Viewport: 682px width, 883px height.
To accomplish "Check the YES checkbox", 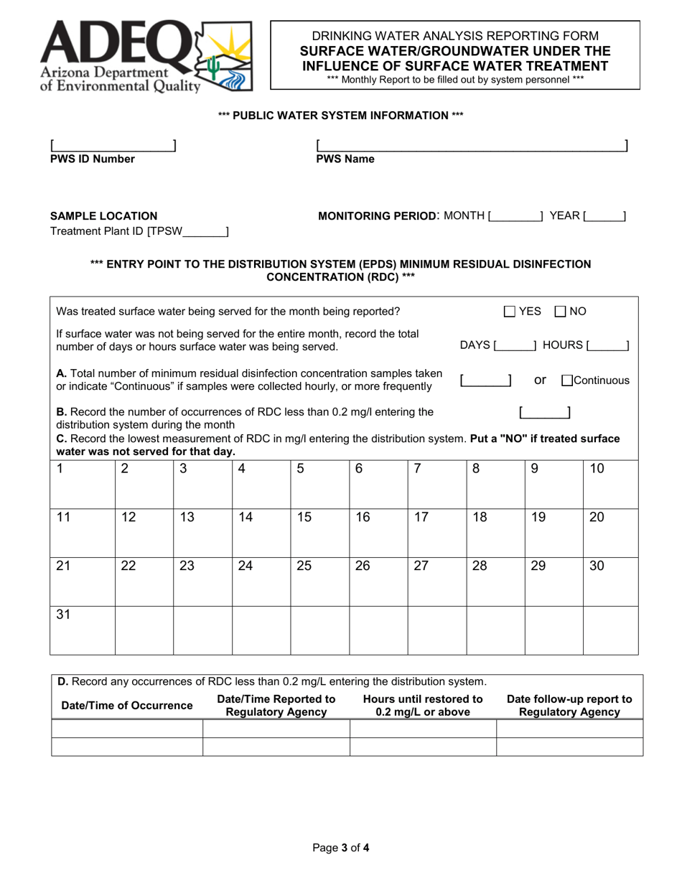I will click(510, 312).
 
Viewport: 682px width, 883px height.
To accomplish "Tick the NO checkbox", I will click(561, 312).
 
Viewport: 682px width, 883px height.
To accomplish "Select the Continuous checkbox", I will click(567, 380).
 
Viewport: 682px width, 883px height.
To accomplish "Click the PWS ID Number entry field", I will click(113, 146).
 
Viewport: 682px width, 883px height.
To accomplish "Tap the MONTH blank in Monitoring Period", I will click(515, 215).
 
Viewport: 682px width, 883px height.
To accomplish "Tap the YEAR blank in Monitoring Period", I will click(604, 215).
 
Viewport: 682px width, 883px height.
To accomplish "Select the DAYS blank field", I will click(515, 345).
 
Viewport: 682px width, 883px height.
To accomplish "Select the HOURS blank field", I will click(607, 345).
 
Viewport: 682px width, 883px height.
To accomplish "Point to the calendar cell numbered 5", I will click(319, 484).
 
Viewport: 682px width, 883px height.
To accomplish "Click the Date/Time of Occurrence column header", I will click(127, 706).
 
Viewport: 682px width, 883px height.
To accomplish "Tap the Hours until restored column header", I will click(423, 706).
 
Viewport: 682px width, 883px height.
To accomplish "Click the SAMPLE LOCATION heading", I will click(103, 215).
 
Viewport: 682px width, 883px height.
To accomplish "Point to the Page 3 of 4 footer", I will click(341, 848).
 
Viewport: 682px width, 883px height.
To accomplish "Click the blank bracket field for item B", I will click(545, 412).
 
